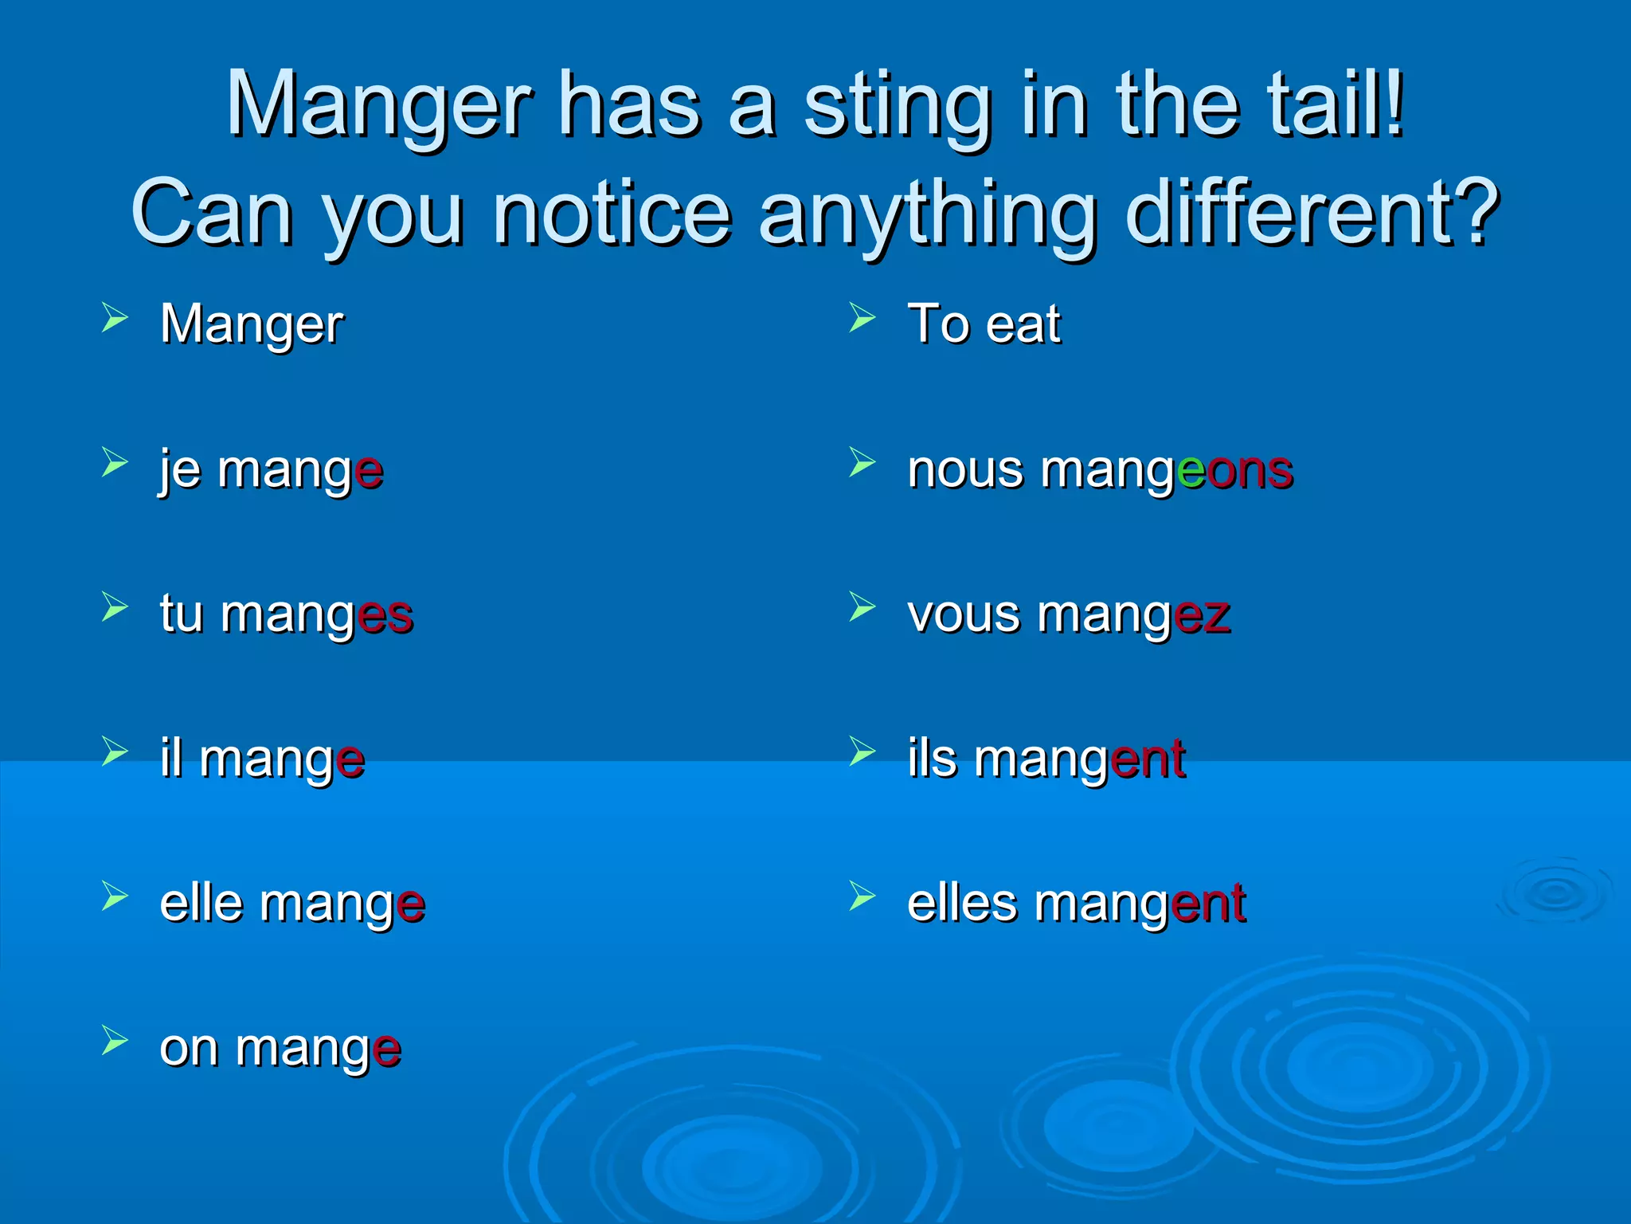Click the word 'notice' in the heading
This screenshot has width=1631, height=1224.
pos(612,214)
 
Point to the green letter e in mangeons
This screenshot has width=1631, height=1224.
pos(1191,472)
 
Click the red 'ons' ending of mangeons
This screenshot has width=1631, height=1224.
pos(1250,472)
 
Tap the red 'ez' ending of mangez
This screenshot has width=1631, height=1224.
pos(1202,616)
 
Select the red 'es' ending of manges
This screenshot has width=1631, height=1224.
pos(385,616)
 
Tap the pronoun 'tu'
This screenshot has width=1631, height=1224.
pos(182,614)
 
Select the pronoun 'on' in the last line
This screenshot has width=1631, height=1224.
pos(189,1049)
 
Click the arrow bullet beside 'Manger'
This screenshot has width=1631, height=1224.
pos(115,318)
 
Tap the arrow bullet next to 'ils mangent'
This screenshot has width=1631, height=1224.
pos(862,751)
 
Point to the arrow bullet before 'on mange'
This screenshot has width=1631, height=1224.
pos(115,1041)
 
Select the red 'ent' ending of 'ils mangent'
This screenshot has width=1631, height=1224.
pos(1148,759)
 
